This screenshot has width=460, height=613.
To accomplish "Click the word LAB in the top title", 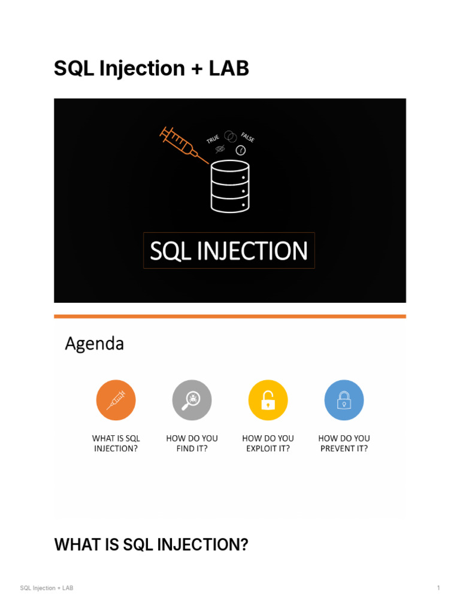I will point(229,69).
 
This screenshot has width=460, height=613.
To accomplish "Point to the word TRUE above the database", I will point(213,139).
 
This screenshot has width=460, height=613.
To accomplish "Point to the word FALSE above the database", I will point(248,137).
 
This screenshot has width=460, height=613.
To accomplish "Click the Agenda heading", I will point(94,344).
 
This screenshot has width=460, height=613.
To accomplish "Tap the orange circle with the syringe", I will point(116,400).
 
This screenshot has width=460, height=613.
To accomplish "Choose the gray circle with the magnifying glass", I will point(192,400).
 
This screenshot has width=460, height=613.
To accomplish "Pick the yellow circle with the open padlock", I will point(268,400).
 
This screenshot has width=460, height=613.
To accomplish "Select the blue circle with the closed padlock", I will point(344,400).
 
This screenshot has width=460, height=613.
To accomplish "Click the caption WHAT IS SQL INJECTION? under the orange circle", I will point(116,443).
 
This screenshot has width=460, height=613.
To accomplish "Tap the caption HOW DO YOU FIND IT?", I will point(192,443).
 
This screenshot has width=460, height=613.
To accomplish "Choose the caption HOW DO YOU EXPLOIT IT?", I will point(268,443).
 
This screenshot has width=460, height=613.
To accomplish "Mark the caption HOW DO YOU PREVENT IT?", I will point(344,443).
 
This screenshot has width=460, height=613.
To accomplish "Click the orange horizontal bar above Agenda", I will point(230,316).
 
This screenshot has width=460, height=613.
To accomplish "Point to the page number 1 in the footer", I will point(438,588).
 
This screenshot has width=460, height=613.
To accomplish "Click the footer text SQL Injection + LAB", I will point(47,588).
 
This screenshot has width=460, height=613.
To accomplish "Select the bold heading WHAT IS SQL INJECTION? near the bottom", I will point(151,545).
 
